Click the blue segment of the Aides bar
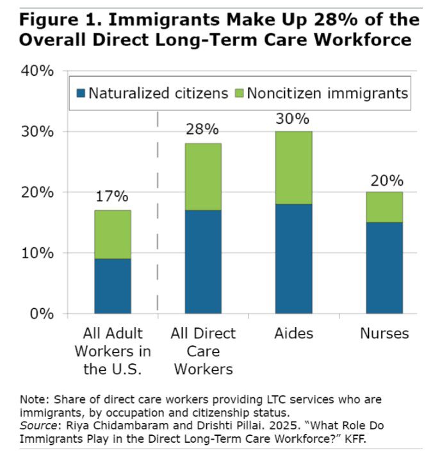click(x=294, y=258)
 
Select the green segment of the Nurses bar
click(x=384, y=207)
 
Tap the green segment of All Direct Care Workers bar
click(x=203, y=176)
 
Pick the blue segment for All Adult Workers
click(x=113, y=286)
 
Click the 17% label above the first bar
click(x=113, y=196)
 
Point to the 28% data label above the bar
click(x=203, y=129)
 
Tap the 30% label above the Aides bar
click(x=293, y=119)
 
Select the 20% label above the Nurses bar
click(x=385, y=179)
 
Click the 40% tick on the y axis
click(x=38, y=71)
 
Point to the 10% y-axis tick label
click(x=38, y=253)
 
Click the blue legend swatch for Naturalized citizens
click(x=80, y=93)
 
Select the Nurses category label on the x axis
click(x=384, y=333)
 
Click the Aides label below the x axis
click(x=293, y=333)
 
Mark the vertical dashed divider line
click(x=158, y=211)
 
